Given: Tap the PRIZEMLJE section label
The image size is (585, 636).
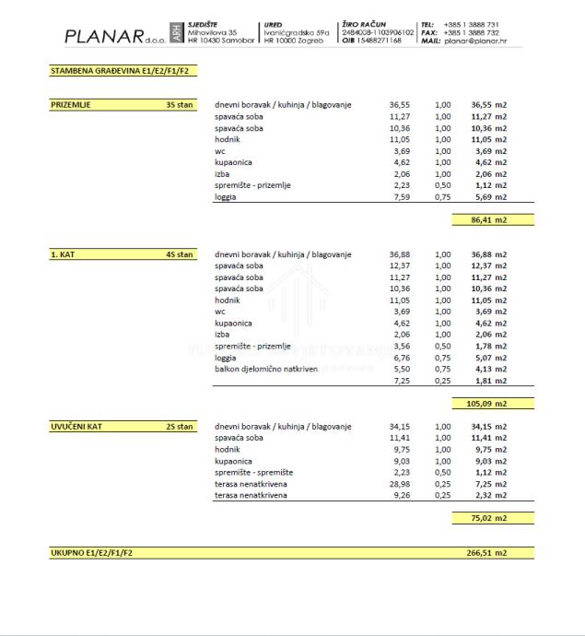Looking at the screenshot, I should (x=71, y=105).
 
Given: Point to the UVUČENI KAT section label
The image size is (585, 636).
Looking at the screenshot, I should (x=76, y=427).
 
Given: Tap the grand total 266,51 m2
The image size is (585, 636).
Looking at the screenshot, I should (x=488, y=553).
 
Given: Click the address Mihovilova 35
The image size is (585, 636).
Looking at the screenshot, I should (x=212, y=32).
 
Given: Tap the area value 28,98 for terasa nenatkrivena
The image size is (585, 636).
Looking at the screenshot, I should (x=399, y=484).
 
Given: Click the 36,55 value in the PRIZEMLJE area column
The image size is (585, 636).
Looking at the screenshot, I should (x=399, y=105).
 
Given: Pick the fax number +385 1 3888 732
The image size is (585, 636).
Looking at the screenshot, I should (x=472, y=32).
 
